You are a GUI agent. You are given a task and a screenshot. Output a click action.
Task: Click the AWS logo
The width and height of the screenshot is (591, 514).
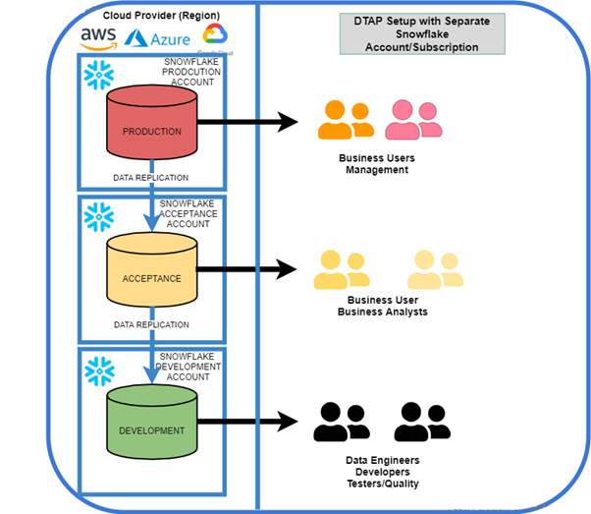98,37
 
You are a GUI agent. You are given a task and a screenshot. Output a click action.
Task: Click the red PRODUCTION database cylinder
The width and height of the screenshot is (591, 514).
151,126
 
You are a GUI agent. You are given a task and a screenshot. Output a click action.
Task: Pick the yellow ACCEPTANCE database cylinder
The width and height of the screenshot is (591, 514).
151,274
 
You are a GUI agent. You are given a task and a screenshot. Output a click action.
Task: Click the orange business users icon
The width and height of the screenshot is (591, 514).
346,120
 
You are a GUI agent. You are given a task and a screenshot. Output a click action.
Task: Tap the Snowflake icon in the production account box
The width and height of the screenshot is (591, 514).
98,75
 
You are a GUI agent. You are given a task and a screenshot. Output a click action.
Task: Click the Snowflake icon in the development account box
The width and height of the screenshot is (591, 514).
98,369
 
